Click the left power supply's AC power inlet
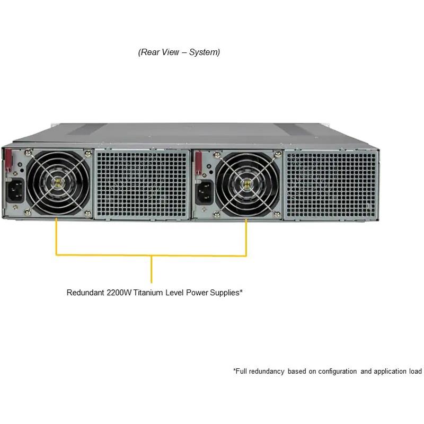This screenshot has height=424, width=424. tap(15, 190)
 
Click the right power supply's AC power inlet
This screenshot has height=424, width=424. tap(205, 192)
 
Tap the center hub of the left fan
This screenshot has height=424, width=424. tap(58, 182)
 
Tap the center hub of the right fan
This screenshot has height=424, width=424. tap(246, 184)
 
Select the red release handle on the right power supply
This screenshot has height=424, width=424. tap(198, 163)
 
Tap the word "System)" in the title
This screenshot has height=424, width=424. tap(205, 52)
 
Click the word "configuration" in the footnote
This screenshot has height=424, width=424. tap(338, 372)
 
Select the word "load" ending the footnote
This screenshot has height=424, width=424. tap(416, 372)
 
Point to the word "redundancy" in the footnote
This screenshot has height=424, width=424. tap(267, 372)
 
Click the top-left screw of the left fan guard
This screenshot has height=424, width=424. tap(28, 153)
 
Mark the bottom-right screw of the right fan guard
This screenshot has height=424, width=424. tap(277, 215)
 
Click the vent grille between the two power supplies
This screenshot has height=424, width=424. tap(142, 184)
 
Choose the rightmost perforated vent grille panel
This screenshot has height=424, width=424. tap(331, 185)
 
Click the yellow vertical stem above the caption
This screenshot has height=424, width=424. tap(152, 269)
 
